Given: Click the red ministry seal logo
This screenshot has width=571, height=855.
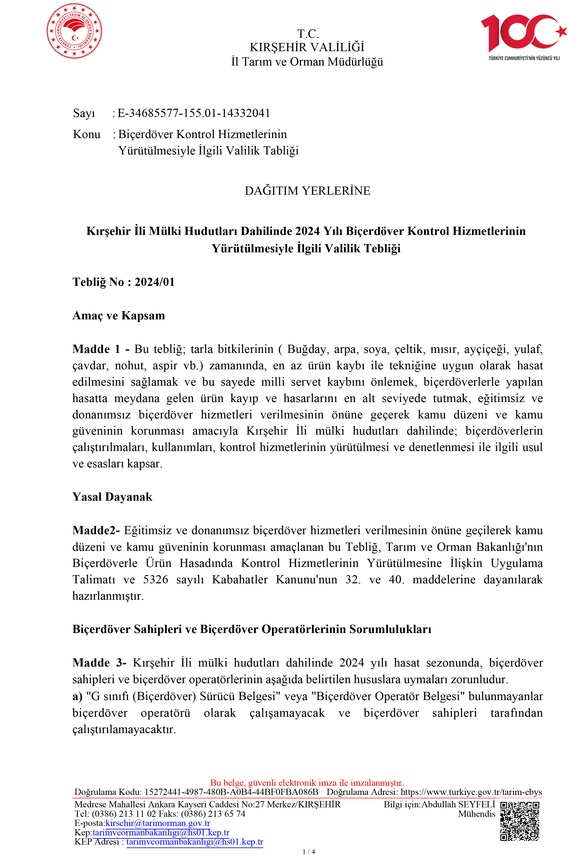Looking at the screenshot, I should pos(74,31).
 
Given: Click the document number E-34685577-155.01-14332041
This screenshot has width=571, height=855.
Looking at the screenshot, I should pos(194,113).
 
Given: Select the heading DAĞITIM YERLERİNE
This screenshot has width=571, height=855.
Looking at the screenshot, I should pos(307,191).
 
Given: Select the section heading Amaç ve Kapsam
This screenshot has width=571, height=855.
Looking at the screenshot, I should pos(119,315).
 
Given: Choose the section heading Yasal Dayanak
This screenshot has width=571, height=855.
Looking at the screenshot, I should pos(112,497).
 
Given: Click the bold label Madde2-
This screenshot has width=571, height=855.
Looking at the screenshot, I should pos(96,530).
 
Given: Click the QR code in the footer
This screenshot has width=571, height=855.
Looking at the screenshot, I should pos(520,821).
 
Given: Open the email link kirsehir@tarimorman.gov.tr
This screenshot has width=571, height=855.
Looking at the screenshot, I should pos(158,823).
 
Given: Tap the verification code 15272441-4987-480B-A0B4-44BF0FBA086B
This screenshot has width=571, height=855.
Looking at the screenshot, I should pos(231,792).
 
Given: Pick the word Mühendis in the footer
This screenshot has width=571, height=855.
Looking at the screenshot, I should pos(477,814).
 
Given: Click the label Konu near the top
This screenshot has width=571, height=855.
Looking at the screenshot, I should pos(87,134).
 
